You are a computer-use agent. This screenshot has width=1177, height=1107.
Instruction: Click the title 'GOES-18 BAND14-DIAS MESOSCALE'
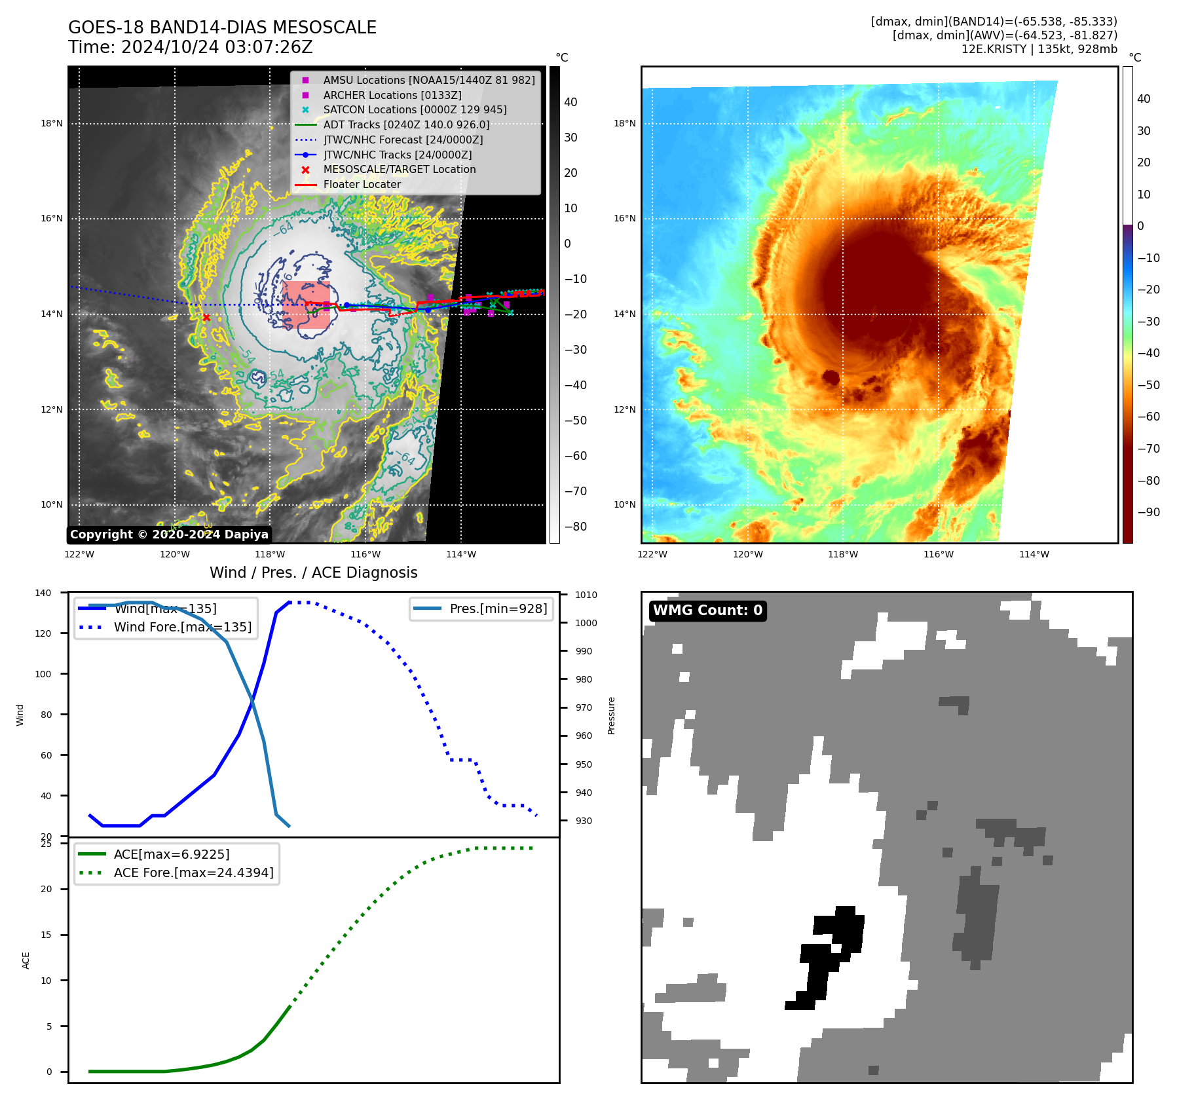[222, 28]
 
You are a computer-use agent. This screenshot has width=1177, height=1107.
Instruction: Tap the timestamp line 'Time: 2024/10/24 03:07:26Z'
[190, 47]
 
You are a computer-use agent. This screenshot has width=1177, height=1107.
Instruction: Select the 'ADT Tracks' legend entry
[406, 124]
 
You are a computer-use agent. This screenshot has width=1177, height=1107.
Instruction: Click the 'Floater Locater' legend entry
[362, 184]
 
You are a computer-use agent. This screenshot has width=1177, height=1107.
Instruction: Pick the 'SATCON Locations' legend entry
[415, 109]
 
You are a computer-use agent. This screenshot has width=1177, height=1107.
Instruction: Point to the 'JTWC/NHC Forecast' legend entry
[403, 140]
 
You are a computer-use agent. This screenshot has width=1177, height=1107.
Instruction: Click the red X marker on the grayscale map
[206, 318]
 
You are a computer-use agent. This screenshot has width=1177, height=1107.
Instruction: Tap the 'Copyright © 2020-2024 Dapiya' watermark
[169, 535]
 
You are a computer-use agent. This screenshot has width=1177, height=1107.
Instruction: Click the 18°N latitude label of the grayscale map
[52, 123]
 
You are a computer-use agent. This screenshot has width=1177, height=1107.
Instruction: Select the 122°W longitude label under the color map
[652, 554]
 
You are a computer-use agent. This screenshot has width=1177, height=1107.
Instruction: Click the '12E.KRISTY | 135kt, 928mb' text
[1039, 49]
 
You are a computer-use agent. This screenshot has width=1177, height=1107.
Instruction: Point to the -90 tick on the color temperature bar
[1148, 512]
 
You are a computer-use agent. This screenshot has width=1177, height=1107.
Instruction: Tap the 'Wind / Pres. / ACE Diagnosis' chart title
[313, 572]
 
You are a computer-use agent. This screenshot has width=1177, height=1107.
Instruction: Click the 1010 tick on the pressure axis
[586, 595]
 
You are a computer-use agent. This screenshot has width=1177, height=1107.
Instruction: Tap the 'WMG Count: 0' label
[707, 610]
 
